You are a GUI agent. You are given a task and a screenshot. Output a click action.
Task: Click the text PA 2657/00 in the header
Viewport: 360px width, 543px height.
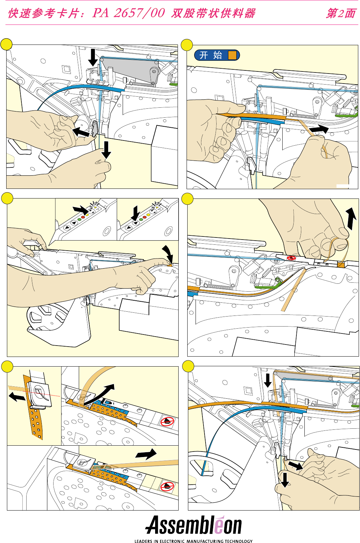tap(129, 13)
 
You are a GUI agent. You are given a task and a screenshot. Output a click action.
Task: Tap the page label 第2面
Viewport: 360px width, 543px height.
tap(341, 13)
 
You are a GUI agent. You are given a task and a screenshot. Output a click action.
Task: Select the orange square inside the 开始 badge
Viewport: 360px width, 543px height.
tap(233, 55)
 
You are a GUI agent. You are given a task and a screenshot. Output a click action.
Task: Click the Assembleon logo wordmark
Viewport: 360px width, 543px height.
tap(193, 525)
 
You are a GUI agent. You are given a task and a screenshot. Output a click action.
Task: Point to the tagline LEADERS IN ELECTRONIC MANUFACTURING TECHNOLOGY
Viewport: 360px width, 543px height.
tap(193, 541)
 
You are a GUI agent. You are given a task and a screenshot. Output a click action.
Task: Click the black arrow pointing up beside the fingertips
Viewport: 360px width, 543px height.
tap(351, 218)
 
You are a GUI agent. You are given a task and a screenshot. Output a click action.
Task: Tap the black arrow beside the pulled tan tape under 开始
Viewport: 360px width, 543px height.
tap(319, 129)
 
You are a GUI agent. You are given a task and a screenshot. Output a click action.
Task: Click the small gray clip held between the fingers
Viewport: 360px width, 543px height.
tap(94, 128)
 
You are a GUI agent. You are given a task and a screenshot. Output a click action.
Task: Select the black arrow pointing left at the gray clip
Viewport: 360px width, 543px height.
tap(81, 132)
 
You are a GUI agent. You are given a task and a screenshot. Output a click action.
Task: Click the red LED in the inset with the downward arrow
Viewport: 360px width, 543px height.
tap(144, 217)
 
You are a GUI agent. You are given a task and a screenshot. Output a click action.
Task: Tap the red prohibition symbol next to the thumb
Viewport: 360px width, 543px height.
tap(291, 258)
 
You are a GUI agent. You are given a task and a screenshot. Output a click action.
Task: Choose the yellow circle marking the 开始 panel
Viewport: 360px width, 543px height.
tap(187, 45)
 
